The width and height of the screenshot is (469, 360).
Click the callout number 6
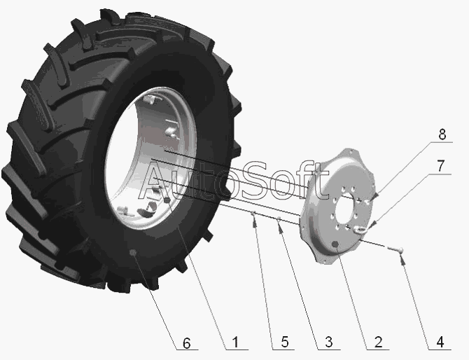(x=186, y=343)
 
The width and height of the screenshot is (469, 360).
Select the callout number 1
(x=236, y=342)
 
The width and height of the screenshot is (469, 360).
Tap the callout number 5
(x=284, y=342)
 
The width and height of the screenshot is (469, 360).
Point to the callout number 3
(x=329, y=342)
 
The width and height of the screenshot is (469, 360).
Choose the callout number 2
(x=378, y=342)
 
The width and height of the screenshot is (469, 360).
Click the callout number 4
(x=440, y=342)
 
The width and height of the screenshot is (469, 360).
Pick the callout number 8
(x=442, y=134)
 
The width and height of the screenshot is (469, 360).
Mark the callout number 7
(x=441, y=166)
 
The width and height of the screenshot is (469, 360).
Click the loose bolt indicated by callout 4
(x=395, y=248)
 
